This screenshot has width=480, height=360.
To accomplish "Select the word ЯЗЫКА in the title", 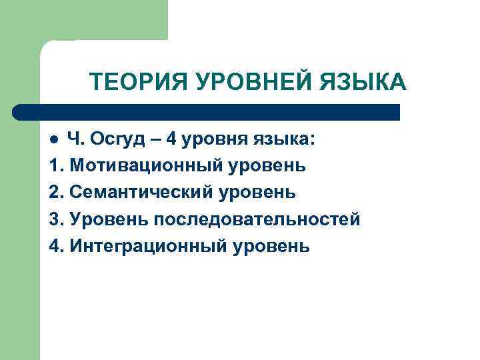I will [x=364, y=83].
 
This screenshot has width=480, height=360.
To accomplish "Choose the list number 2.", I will [x=55, y=193].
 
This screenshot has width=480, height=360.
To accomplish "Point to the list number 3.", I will [x=55, y=219].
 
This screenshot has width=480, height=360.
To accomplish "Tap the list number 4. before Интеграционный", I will [x=55, y=246].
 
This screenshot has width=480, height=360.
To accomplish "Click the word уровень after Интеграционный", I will [x=271, y=246].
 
